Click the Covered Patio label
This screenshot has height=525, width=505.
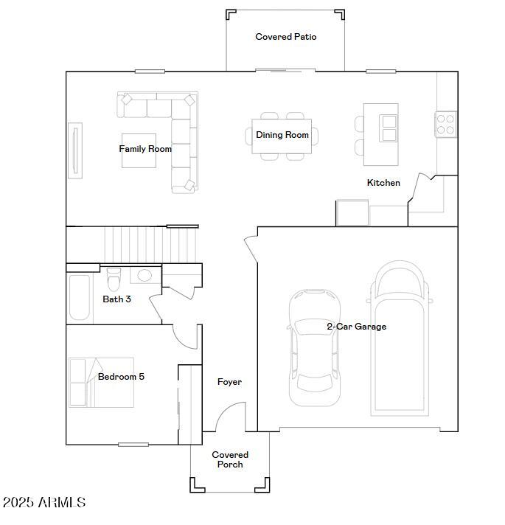[286, 36]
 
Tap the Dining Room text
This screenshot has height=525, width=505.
[282, 135]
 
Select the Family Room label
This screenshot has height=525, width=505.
[145, 149]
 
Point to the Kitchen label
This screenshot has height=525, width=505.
[383, 182]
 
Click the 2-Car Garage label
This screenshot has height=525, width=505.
[356, 327]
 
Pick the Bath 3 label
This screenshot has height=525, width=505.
[116, 299]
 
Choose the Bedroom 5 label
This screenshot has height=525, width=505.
[121, 376]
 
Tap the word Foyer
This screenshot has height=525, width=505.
[229, 382]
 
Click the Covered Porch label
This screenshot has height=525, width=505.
[230, 459]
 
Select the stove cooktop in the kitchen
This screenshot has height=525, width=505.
[445, 124]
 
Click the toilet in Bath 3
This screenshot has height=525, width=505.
[114, 279]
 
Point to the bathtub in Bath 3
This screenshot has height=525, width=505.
[80, 297]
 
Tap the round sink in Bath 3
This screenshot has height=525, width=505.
[144, 275]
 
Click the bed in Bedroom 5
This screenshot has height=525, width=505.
[101, 383]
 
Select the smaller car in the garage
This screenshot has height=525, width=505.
[314, 347]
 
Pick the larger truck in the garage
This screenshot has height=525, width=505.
[400, 338]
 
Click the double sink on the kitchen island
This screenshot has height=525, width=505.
[389, 128]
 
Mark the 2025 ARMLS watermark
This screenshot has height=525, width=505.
[43, 502]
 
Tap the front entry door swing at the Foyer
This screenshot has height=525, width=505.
[230, 417]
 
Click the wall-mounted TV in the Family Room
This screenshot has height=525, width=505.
[75, 150]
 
